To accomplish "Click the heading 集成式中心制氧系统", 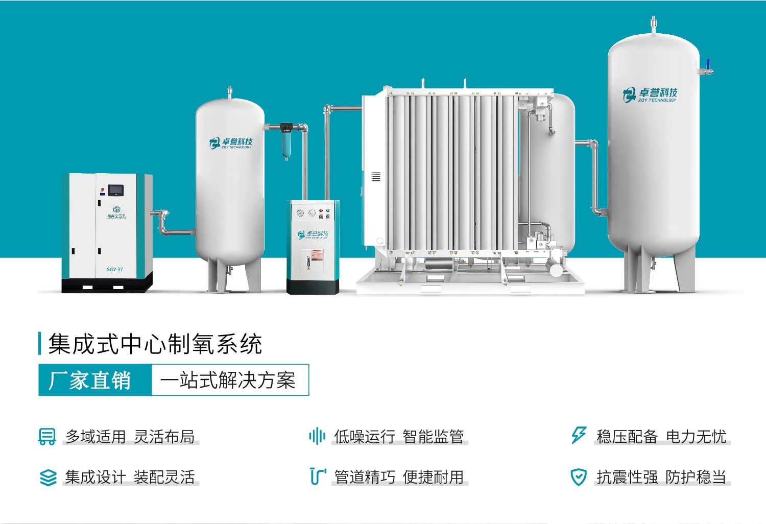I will click(155, 344).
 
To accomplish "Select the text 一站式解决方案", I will click(228, 380).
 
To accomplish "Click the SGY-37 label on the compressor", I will click(114, 269).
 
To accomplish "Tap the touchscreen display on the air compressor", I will click(116, 190).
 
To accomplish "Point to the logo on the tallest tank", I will click(650, 94).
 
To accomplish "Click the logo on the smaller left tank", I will click(231, 143).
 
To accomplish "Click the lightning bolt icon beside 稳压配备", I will click(579, 436).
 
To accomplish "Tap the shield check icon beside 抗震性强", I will click(578, 477).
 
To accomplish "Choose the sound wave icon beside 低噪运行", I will click(317, 436).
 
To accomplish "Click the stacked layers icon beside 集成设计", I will click(48, 478).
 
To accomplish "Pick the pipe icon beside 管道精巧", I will click(317, 477).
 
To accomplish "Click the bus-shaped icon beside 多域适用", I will click(47, 437).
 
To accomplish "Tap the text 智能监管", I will click(433, 437).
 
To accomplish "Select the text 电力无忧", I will click(696, 437).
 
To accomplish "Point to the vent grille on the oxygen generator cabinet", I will click(376, 177).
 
